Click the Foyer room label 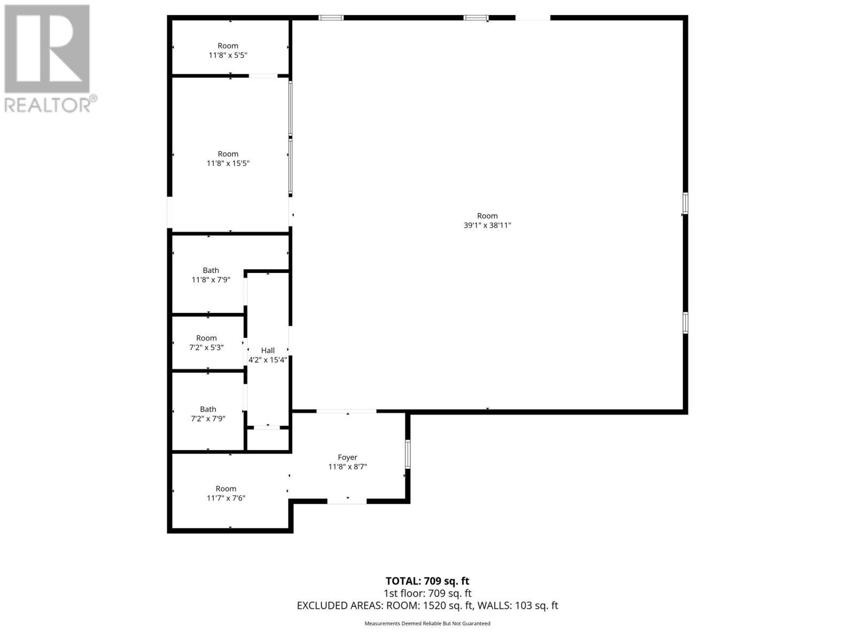click(347, 457)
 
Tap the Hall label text click(268, 350)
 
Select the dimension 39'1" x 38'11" click(487, 225)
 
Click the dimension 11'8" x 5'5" click(228, 55)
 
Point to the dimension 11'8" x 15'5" click(228, 163)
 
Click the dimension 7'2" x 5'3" click(206, 347)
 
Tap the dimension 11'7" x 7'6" click(226, 498)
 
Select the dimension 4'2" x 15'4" click(268, 360)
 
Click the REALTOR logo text click(51, 105)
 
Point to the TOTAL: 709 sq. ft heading click(428, 581)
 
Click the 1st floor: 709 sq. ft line click(428, 593)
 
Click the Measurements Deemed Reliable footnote click(428, 623)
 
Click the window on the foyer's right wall click(407, 454)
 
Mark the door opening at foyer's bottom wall click(347, 501)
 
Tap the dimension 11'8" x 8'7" click(347, 467)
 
